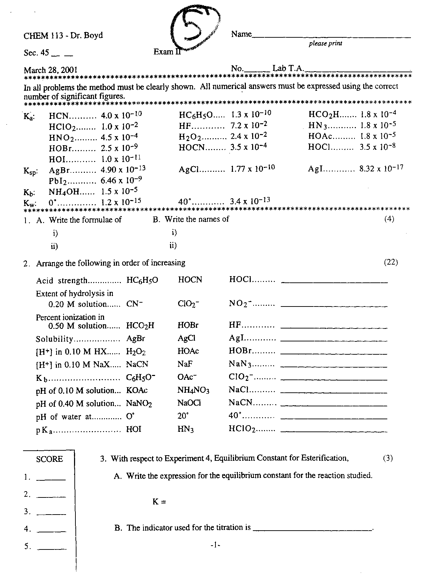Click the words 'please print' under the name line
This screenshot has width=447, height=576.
[x=325, y=44]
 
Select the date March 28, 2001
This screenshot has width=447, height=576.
[x=51, y=70]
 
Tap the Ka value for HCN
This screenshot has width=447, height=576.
[x=121, y=115]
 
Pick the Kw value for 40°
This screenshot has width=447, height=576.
[x=250, y=201]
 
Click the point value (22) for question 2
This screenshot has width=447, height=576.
[x=391, y=262]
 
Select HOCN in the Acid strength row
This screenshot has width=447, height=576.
[x=190, y=280]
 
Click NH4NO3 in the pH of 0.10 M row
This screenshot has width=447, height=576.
[x=193, y=390]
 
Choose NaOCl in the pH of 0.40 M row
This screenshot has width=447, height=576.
[x=189, y=403]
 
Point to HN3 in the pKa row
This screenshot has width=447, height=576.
[x=185, y=429]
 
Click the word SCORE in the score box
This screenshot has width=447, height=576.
[x=50, y=459]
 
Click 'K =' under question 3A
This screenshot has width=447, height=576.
[x=159, y=502]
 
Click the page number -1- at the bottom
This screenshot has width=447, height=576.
[x=215, y=545]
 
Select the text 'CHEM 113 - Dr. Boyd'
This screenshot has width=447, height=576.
[x=63, y=36]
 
